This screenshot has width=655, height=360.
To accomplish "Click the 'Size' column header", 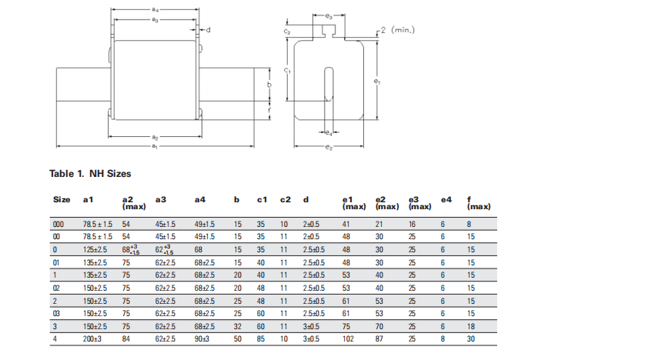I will point(62,200).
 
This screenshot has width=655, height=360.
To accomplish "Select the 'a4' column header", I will point(200,200).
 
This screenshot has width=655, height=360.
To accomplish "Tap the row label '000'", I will point(58,225).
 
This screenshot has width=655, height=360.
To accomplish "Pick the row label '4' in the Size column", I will point(54,338).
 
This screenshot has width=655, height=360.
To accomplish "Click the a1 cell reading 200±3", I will point(94,338).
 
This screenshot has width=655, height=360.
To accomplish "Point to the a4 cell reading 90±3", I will point(202,338).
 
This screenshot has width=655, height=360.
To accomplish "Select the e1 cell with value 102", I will point(348,338).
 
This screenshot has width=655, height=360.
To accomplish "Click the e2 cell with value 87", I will point(379,338).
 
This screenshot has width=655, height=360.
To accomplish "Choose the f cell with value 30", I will point(471,338).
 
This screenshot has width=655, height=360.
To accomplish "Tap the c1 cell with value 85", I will point(261,338).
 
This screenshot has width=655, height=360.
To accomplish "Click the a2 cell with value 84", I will point(127,338).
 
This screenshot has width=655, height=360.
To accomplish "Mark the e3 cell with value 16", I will point(412,225).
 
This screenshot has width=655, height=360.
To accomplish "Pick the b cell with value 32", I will point(238,327).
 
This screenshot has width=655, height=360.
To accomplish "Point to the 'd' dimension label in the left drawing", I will point(208,30).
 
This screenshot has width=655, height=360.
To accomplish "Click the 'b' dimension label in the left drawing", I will point(269,85).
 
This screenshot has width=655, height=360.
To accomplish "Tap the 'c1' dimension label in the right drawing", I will point(286,70).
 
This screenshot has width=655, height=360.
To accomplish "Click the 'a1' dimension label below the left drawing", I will point(155,145).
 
